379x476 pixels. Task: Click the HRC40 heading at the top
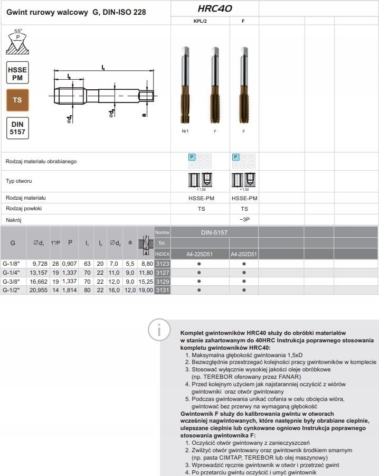tap(214, 8)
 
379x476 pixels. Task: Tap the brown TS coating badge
tap(17, 99)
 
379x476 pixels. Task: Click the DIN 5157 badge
tap(17, 128)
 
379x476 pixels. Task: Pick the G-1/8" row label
tap(12, 263)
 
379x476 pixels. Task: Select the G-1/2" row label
tap(12, 290)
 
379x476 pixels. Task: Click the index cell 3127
tap(162, 272)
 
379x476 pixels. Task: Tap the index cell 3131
tap(162, 290)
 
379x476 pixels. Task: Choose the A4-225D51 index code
tap(199, 254)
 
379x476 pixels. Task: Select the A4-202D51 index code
tap(244, 254)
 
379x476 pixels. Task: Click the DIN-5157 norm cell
tap(214, 232)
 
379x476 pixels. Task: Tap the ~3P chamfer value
tap(244, 219)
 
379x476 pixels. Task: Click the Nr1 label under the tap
tap(185, 130)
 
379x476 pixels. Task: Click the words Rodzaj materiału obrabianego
tap(41, 161)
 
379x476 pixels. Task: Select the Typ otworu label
tap(19, 181)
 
